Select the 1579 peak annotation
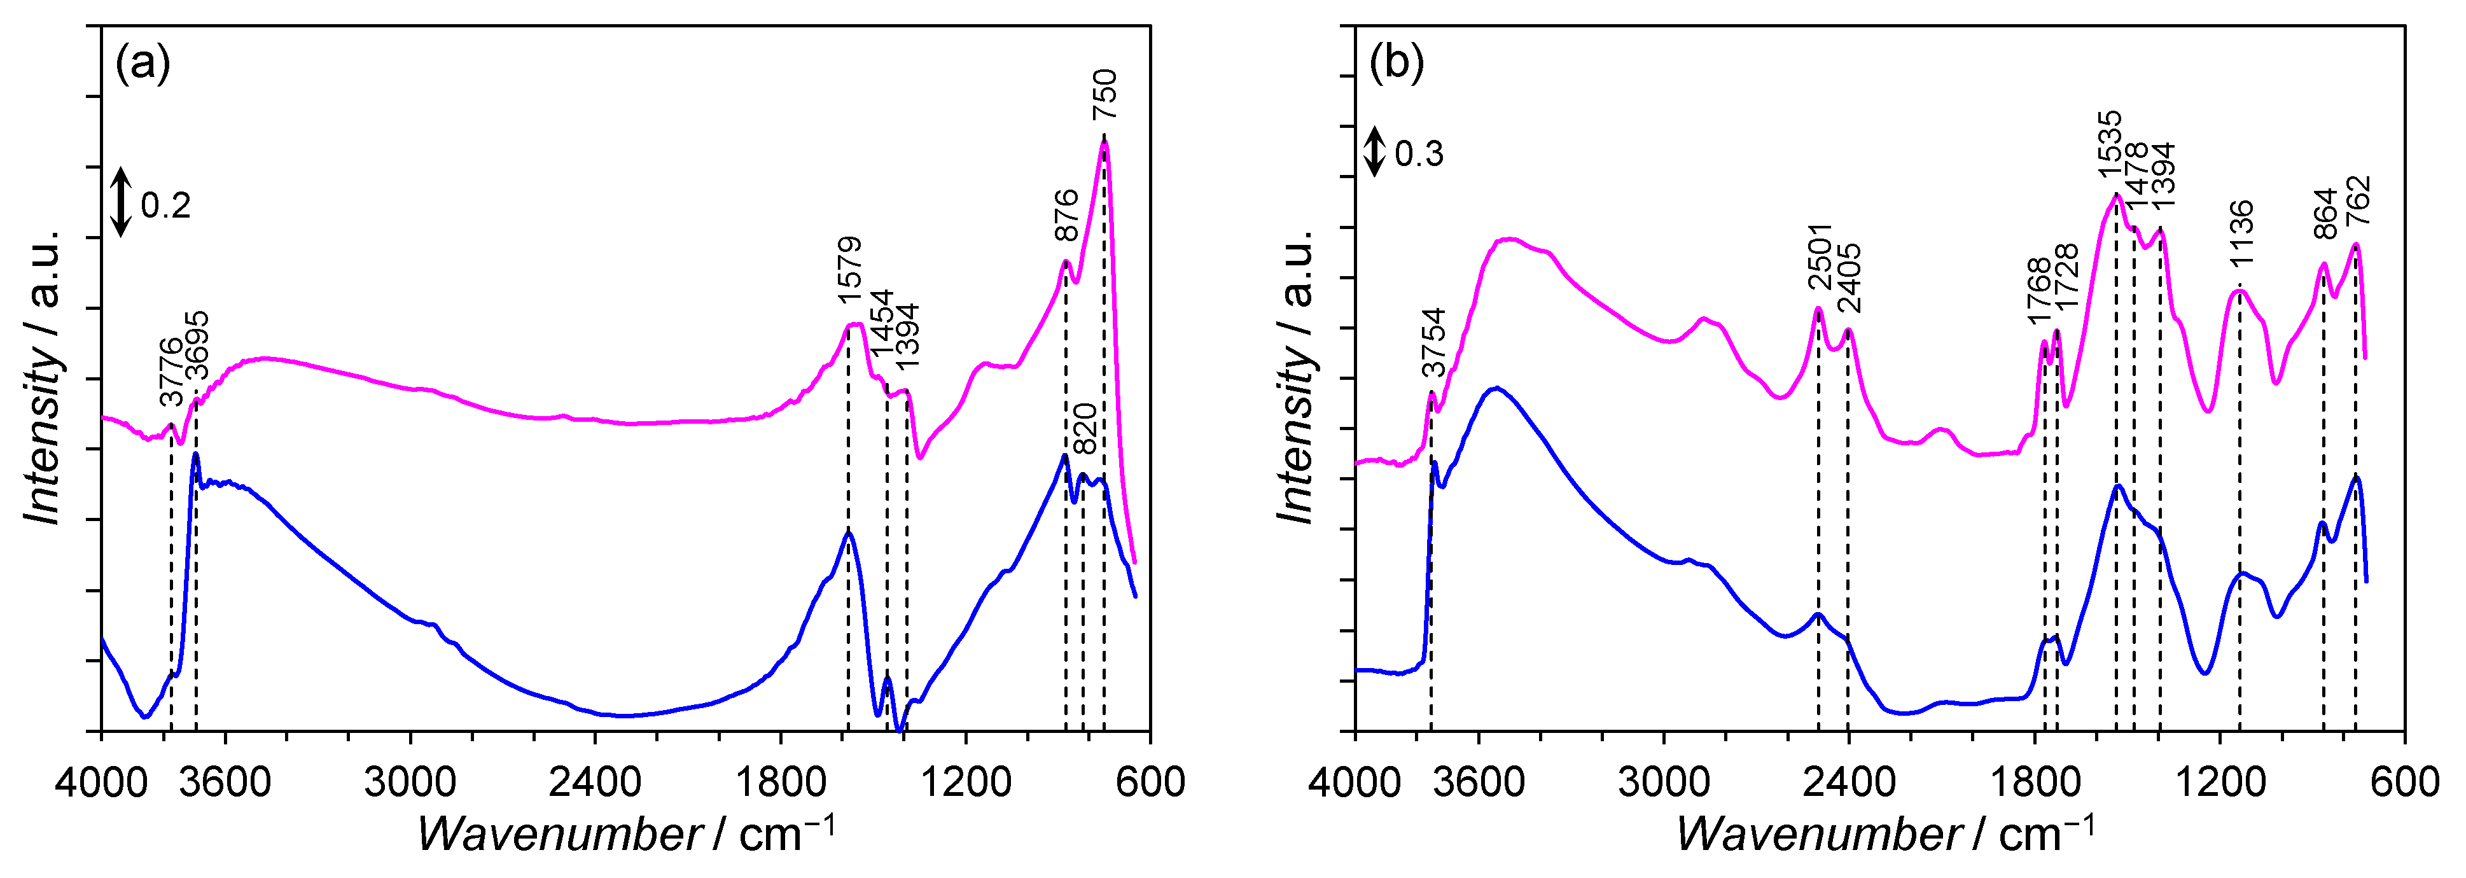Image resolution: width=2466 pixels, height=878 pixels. click(x=850, y=270)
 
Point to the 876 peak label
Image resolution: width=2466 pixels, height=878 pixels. click(x=1066, y=216)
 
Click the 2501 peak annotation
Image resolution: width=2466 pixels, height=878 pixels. click(x=1819, y=256)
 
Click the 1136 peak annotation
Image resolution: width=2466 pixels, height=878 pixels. click(x=2241, y=233)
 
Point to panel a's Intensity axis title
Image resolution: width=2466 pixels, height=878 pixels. click(x=44, y=377)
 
